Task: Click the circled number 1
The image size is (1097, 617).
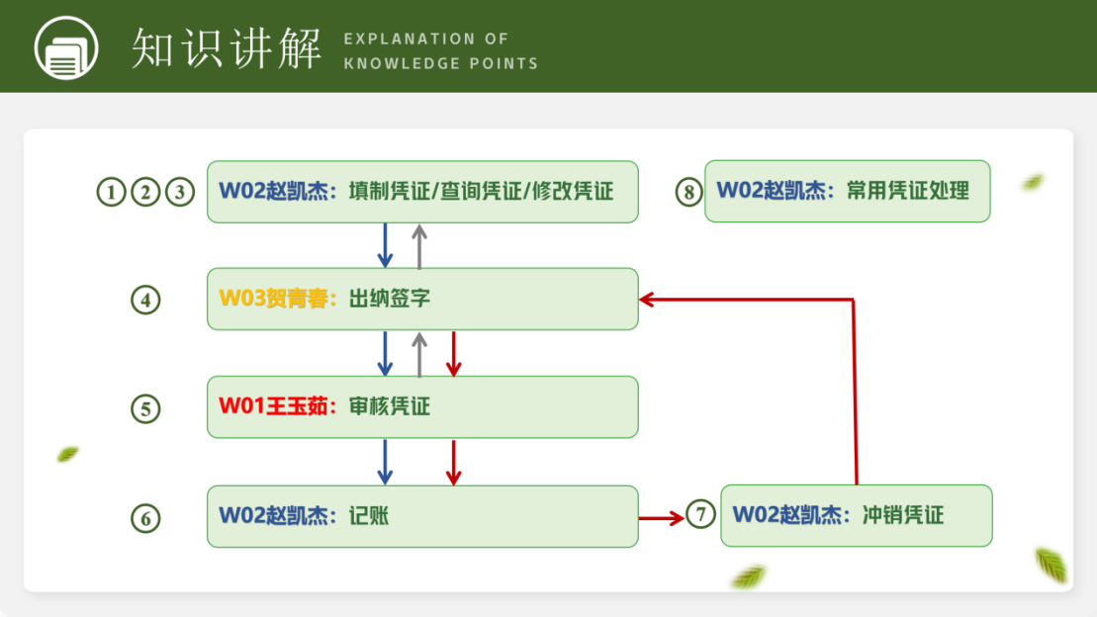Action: point(111,192)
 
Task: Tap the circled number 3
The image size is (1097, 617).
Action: point(180,192)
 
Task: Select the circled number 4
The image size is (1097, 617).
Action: point(145,301)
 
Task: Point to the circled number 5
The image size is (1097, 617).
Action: point(145,408)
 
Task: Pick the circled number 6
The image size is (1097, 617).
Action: point(145,518)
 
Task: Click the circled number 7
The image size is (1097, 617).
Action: point(700,514)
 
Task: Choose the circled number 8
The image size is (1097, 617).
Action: point(689,192)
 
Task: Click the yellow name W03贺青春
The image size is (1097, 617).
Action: point(273,299)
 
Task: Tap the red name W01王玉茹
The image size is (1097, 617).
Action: point(273,406)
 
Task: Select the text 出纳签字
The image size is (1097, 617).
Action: point(390,299)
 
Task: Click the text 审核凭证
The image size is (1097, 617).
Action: point(390,406)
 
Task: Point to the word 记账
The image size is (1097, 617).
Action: point(369,515)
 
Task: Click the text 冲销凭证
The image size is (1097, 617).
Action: point(903,515)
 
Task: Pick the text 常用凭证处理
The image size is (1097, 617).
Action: point(908,190)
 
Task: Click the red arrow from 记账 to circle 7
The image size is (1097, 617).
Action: point(661,518)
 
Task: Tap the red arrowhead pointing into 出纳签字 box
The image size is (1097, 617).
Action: point(647,300)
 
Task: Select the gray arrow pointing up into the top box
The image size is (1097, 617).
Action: point(419,246)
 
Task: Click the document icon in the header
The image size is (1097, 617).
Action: point(66,47)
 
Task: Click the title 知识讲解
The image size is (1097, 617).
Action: point(226,48)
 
